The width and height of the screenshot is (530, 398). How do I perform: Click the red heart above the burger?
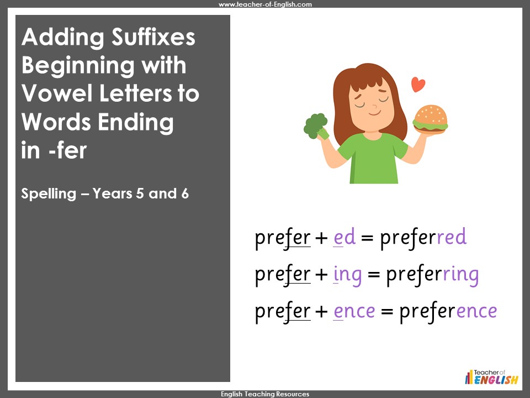tap(418, 85)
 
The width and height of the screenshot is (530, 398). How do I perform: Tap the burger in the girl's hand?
tap(431, 119)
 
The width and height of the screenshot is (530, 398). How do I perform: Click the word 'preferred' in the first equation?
tap(423, 238)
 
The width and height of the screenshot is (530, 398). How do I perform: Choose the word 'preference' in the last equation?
tap(448, 311)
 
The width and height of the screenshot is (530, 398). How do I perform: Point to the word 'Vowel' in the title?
tap(55, 93)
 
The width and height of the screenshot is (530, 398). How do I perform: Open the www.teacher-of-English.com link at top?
tap(265, 4)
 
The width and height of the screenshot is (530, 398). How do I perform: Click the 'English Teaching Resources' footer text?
tap(265, 394)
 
